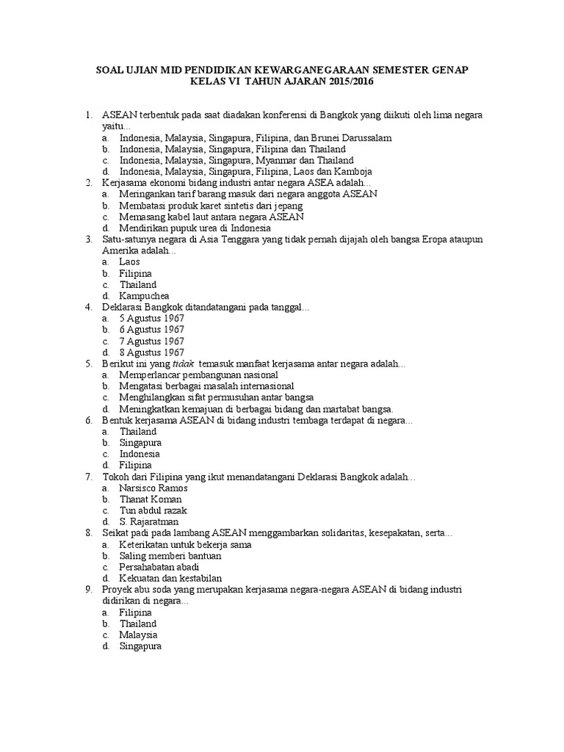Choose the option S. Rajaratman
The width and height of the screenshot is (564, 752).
(149, 521)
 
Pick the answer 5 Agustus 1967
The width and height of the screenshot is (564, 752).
(151, 318)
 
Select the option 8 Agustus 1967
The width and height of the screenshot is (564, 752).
(151, 352)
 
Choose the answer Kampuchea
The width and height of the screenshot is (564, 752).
(144, 295)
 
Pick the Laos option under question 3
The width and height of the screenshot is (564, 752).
(130, 261)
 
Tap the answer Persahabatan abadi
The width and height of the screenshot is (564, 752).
(159, 567)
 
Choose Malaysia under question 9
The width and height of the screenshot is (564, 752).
(139, 634)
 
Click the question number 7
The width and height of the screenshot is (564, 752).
(88, 477)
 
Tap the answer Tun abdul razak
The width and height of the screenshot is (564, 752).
(153, 510)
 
